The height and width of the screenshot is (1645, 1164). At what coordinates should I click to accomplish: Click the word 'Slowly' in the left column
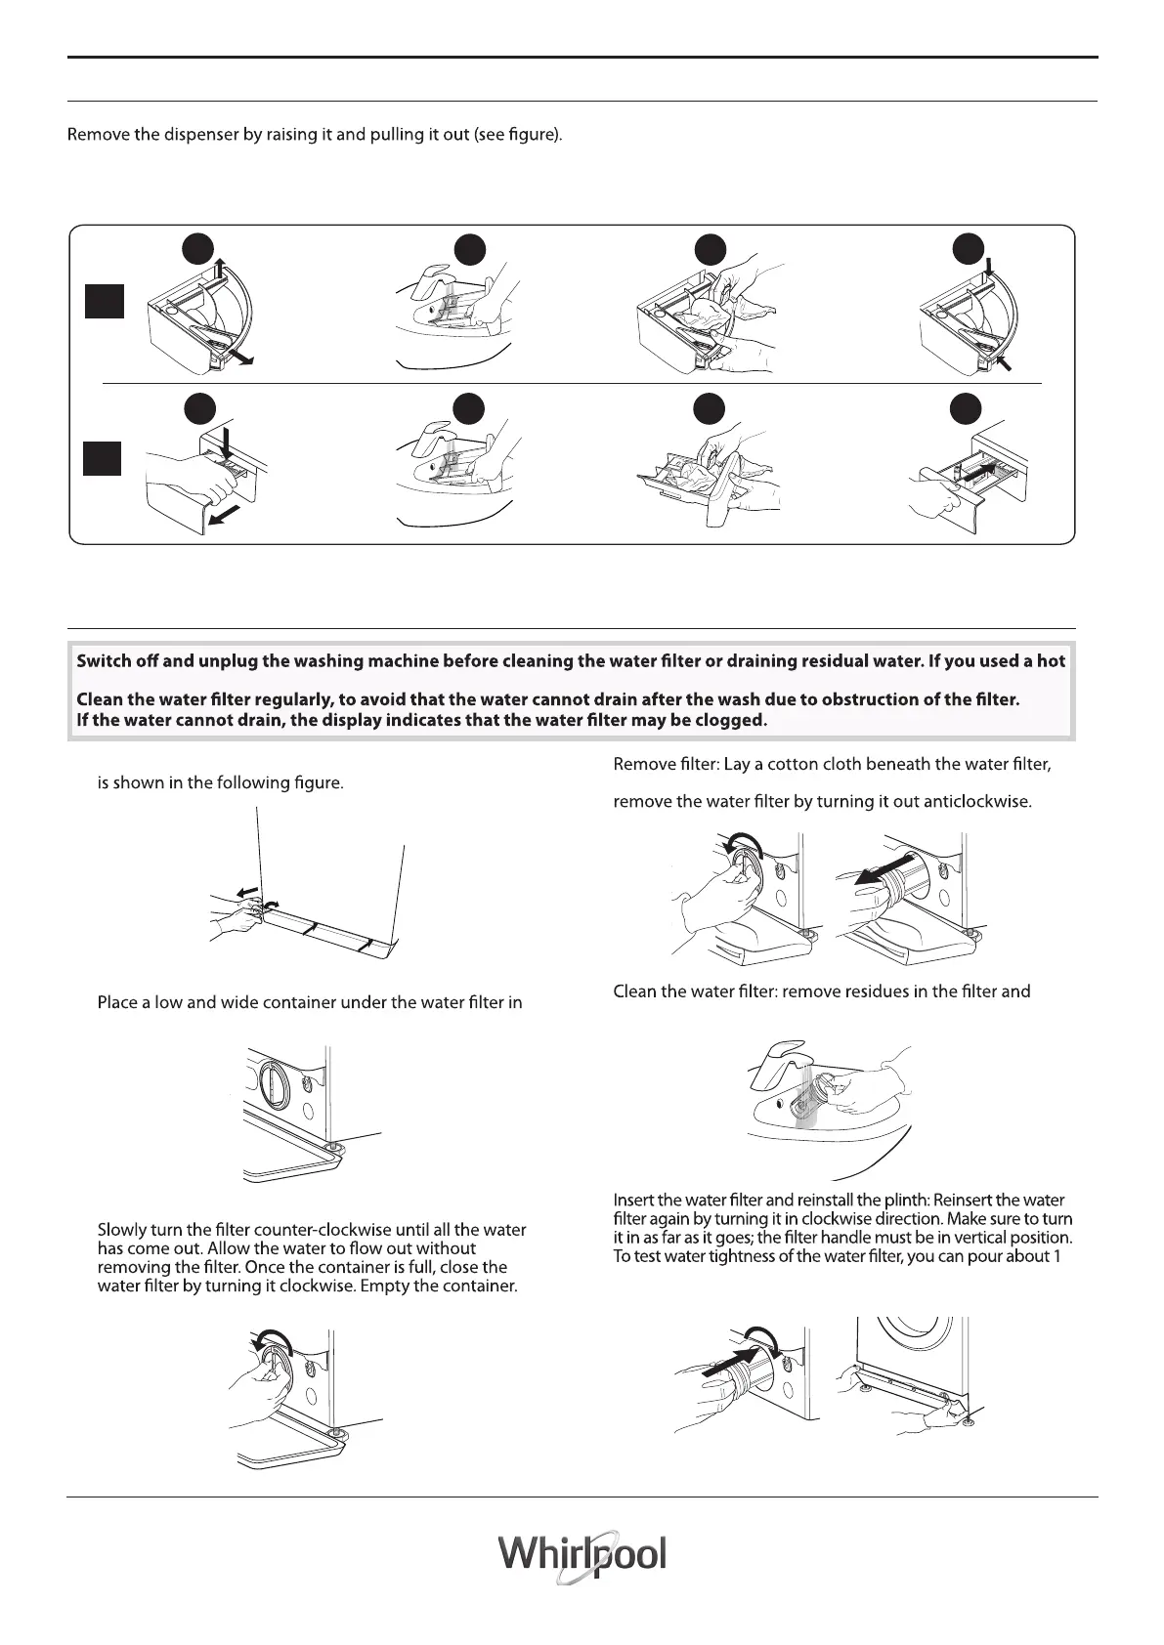click(121, 1230)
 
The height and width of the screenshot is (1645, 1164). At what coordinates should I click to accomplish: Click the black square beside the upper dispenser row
click(103, 301)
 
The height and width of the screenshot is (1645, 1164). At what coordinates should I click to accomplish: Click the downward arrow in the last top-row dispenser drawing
click(990, 266)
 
